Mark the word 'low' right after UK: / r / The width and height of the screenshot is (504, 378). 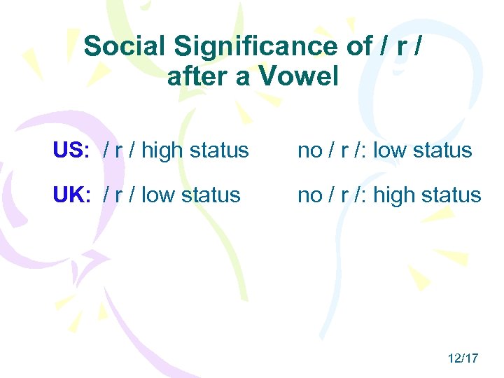[157, 195]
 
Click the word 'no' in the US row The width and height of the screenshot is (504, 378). [309, 150]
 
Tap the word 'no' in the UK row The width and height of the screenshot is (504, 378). [309, 195]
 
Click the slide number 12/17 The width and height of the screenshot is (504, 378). [463, 358]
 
